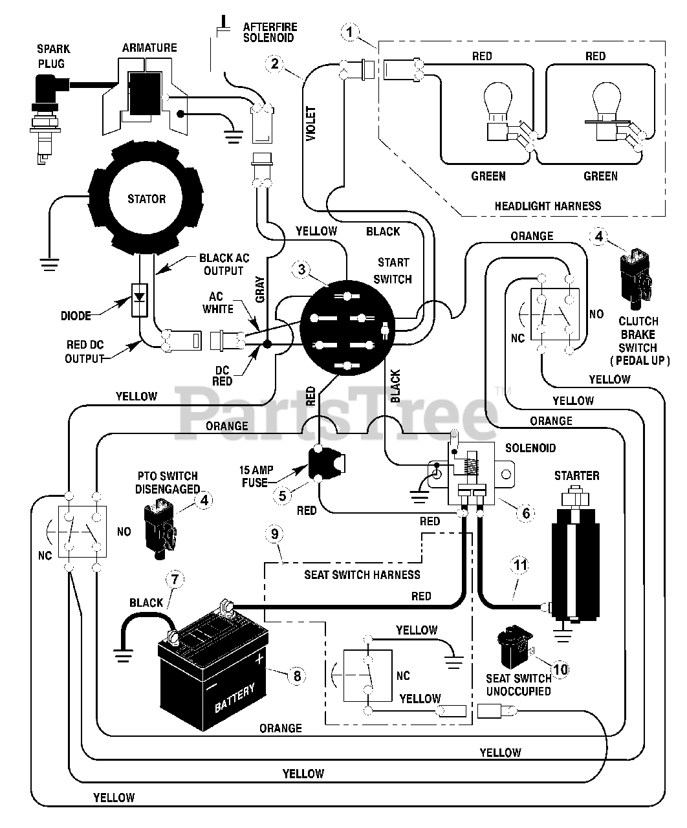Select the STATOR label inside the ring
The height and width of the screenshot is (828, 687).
(146, 199)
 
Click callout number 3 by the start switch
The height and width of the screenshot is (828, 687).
(300, 270)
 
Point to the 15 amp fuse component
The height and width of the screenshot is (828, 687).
(325, 463)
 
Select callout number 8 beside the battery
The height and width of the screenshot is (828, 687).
(296, 676)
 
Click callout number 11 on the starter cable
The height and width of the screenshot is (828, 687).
(520, 565)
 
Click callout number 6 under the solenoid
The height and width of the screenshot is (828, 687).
(525, 513)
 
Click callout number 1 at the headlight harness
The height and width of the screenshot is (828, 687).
(350, 30)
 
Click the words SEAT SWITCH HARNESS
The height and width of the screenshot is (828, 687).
(362, 574)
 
